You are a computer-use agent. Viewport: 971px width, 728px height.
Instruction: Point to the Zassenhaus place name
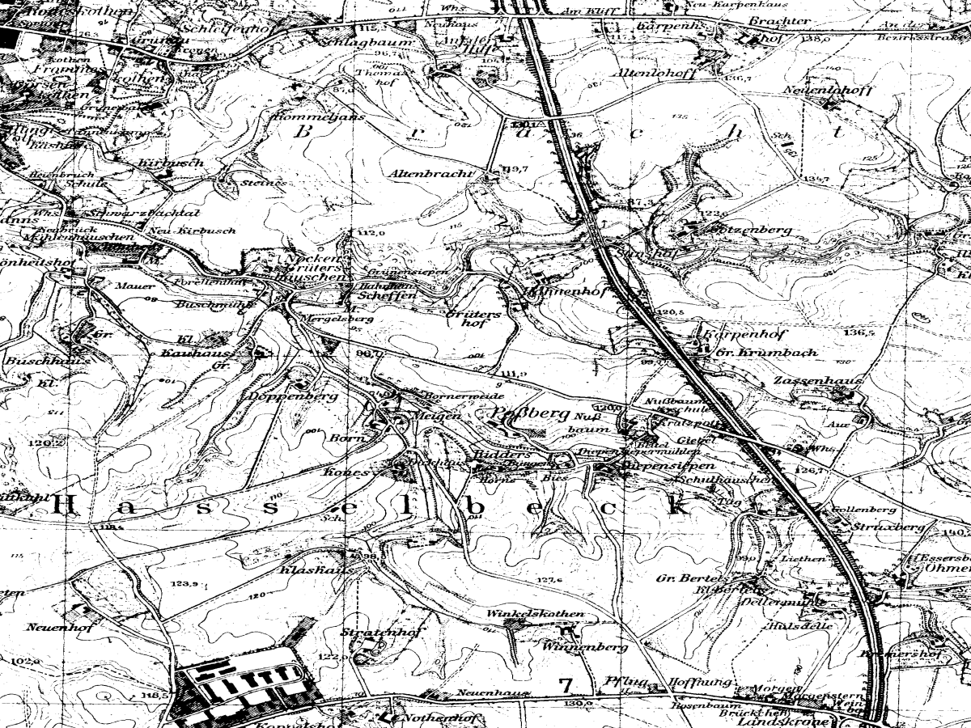pyautogui.click(x=806, y=381)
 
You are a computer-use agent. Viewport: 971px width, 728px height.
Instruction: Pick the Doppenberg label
pyautogui.click(x=282, y=397)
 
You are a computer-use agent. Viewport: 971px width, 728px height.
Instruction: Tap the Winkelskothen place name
pyautogui.click(x=535, y=614)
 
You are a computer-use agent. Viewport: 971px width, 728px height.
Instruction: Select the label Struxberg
pyautogui.click(x=888, y=526)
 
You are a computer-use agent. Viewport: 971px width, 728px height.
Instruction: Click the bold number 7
pyautogui.click(x=566, y=685)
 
